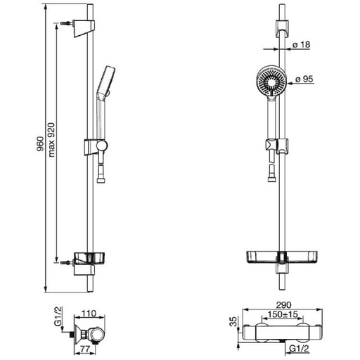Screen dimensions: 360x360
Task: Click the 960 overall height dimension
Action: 40,143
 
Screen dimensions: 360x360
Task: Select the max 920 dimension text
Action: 51,140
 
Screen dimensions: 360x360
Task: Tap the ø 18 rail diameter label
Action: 302,44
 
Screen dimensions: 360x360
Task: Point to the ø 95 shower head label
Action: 304,79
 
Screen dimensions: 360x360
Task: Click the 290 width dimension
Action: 283,305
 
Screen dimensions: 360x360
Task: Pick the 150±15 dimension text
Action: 283,314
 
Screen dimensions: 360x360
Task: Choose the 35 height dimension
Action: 234,322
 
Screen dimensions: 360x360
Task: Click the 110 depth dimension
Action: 89,314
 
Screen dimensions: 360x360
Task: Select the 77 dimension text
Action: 84,349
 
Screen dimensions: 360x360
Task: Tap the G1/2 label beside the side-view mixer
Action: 58,316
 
